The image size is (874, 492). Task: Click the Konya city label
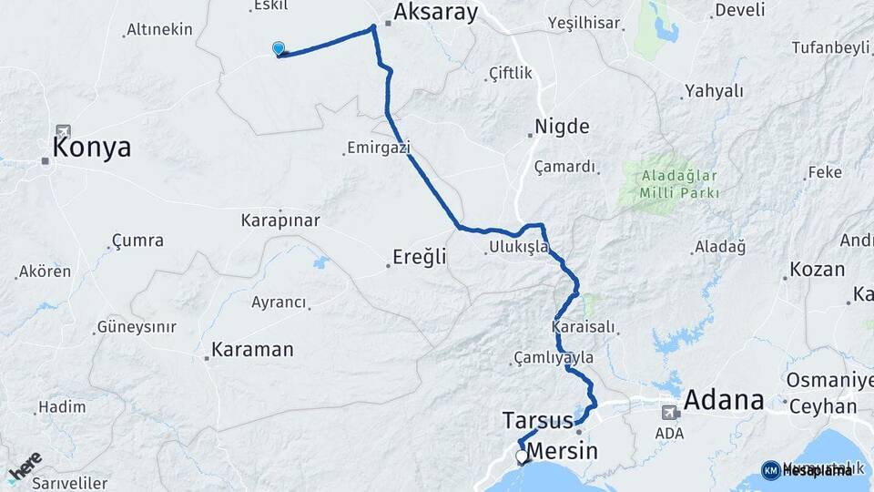(92, 148)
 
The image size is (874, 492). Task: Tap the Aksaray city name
(435, 12)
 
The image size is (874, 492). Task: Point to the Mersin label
(563, 451)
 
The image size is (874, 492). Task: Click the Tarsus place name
(537, 421)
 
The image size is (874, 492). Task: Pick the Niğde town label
(562, 127)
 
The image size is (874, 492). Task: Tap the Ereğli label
(420, 257)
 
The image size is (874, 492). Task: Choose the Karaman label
(252, 349)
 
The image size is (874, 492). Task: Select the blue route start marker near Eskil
(279, 49)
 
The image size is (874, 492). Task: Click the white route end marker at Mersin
(522, 456)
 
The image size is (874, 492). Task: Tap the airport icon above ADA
(670, 412)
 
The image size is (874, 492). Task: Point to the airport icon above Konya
(62, 131)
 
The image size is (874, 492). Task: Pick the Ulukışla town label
(518, 247)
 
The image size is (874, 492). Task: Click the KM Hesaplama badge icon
(771, 470)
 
